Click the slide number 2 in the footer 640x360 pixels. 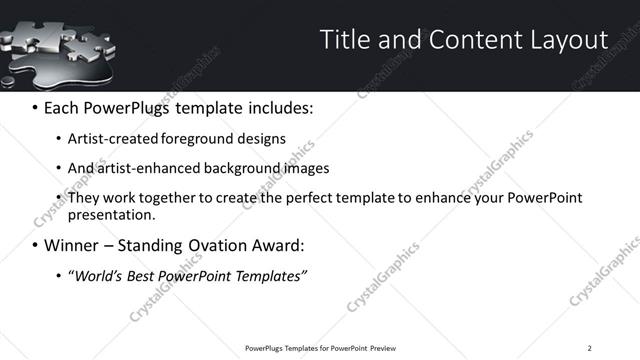pos(589,347)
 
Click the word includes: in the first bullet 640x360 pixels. pos(280,107)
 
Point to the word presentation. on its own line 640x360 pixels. pos(112,214)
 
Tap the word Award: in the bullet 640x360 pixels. pos(275,245)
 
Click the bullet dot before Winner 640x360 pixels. pos(36,245)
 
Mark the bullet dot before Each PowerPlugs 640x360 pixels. pos(36,107)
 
